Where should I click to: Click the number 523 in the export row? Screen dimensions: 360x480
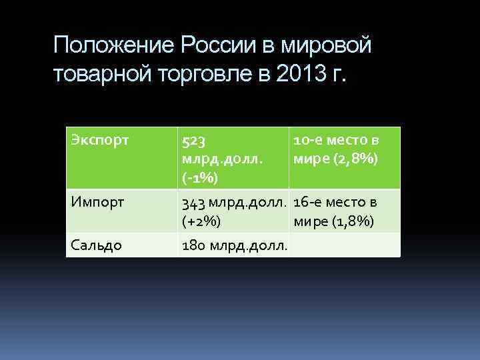(193, 141)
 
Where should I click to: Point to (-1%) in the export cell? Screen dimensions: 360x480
(201, 178)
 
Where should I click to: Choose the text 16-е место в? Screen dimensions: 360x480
(335, 202)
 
